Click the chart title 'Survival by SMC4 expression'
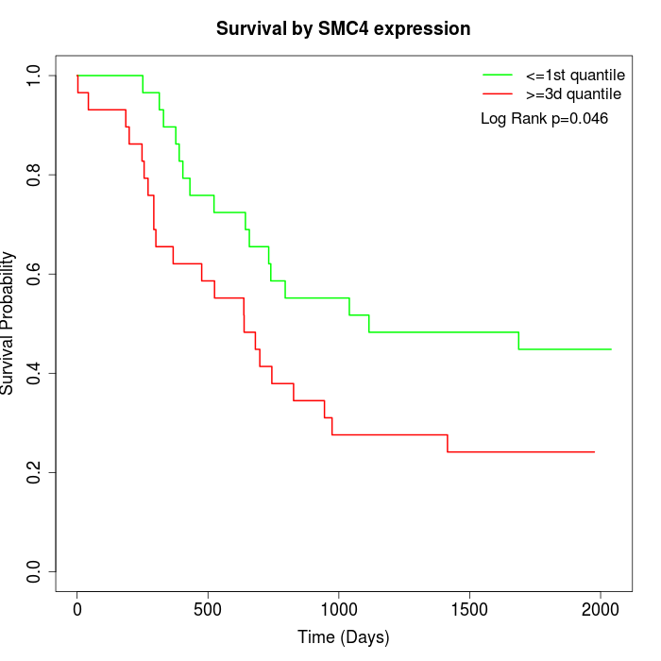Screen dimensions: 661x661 (343, 28)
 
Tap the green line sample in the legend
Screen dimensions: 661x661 (498, 75)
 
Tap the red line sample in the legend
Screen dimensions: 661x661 (498, 94)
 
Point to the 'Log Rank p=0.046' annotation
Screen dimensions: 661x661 (544, 119)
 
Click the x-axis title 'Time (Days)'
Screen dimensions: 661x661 (343, 637)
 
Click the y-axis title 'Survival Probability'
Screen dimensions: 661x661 (8, 323)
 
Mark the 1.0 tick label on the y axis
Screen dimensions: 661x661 (35, 76)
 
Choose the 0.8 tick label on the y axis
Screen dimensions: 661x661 (35, 175)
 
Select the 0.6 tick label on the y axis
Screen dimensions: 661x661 (35, 274)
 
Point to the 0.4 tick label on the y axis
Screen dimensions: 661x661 (35, 373)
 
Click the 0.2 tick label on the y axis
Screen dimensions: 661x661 (35, 472)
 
